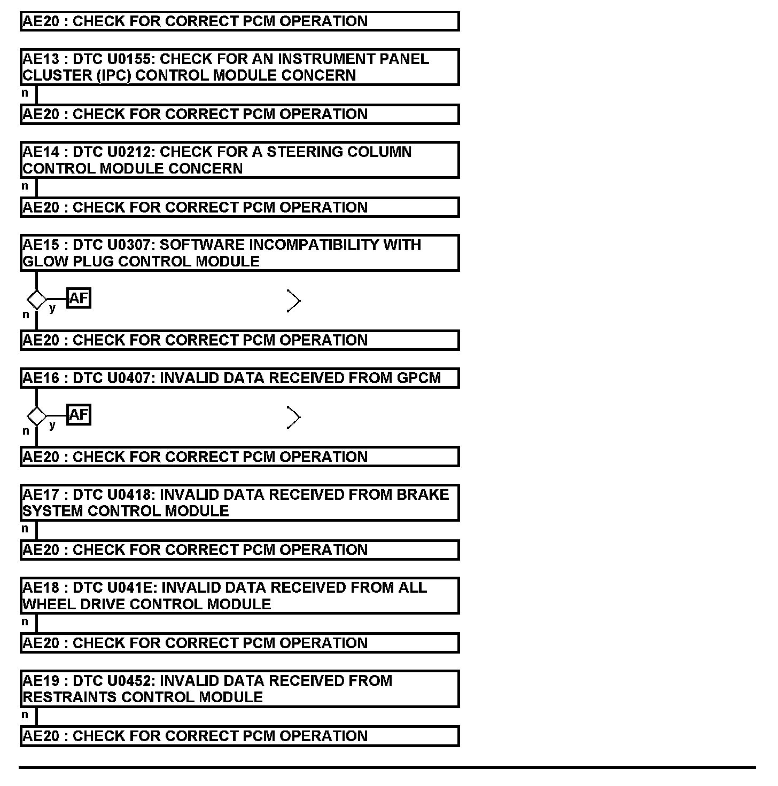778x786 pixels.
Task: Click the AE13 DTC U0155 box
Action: point(239,67)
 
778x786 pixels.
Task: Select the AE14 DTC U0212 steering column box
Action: point(239,160)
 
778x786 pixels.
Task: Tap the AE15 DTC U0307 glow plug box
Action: point(239,253)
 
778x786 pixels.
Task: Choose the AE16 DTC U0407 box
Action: point(239,378)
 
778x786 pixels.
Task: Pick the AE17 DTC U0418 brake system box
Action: point(239,502)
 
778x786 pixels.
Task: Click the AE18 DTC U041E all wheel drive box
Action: point(239,595)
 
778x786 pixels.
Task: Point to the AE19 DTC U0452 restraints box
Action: point(239,689)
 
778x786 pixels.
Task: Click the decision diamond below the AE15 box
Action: point(36,300)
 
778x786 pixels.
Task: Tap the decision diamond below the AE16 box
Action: point(36,416)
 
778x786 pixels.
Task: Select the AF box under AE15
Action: point(79,298)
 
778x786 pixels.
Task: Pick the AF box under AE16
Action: point(79,414)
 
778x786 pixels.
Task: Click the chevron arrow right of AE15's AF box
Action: point(294,301)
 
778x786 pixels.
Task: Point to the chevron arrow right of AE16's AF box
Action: point(294,417)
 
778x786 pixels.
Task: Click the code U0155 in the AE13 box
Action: point(130,59)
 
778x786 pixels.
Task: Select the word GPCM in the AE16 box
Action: point(419,378)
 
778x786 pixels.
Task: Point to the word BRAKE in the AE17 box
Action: point(423,494)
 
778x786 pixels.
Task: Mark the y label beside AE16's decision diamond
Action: point(52,425)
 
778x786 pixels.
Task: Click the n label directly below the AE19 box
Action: point(25,714)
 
